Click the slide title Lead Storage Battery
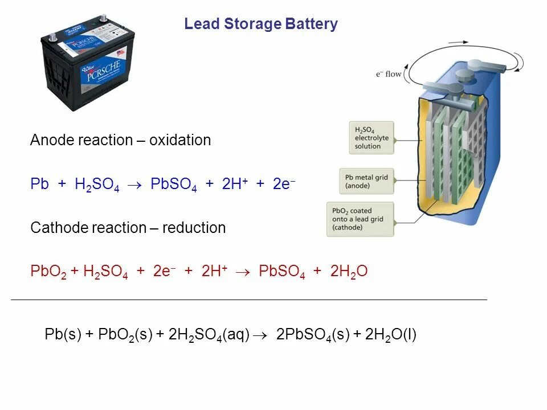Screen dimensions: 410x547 [x=261, y=24]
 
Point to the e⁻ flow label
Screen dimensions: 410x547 [x=389, y=74]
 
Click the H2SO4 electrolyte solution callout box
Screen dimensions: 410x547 [x=371, y=137]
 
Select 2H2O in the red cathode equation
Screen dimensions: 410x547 [x=349, y=272]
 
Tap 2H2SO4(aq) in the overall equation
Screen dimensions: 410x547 [x=209, y=335]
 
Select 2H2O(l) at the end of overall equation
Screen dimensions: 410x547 [x=391, y=335]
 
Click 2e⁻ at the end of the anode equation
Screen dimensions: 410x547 [x=284, y=184]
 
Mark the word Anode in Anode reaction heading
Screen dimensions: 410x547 [x=50, y=140]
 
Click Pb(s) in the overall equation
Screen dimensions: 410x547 [x=63, y=335]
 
